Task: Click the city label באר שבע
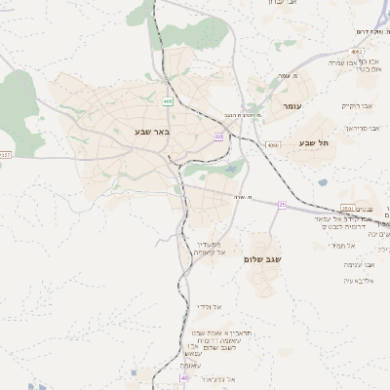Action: coord(152,130)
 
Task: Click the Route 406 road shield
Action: coord(168,100)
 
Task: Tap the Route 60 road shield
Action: coord(218,136)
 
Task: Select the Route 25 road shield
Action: coord(282,204)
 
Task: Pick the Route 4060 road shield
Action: coord(272,144)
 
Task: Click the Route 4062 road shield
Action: coord(357,51)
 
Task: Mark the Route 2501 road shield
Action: coord(348,208)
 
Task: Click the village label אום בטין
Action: coord(368,69)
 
